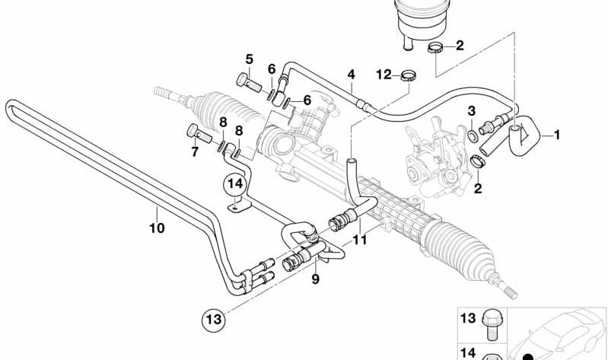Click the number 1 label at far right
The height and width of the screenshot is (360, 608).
557,135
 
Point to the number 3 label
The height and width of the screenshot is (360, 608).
471,111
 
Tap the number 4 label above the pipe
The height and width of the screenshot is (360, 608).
351,75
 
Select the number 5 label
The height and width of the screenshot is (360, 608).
249,59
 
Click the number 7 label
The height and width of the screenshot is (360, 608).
195,152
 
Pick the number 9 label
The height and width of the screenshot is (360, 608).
316,279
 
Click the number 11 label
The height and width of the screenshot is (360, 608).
360,240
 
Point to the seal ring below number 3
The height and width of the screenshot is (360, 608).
473,136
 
